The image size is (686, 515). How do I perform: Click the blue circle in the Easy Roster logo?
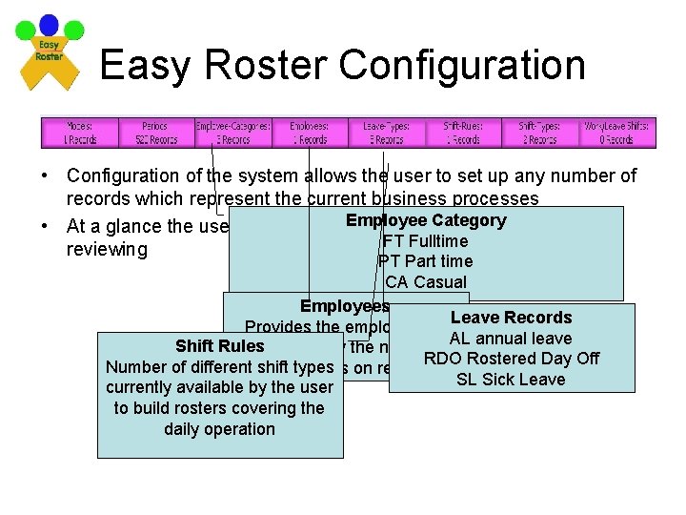pyautogui.click(x=49, y=26)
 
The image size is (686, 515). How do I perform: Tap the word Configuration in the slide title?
pyautogui.click(x=462, y=65)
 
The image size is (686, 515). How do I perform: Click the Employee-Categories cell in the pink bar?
pyautogui.click(x=233, y=132)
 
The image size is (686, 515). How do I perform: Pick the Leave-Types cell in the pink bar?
pyautogui.click(x=387, y=132)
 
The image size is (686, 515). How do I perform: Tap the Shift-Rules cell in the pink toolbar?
pyautogui.click(x=464, y=132)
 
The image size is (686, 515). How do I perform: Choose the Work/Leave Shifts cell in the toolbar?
pyautogui.click(x=616, y=132)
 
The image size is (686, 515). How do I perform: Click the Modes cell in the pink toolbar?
pyautogui.click(x=80, y=132)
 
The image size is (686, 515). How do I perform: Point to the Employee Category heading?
pyautogui.click(x=426, y=220)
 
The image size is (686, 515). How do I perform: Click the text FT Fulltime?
pyautogui.click(x=425, y=240)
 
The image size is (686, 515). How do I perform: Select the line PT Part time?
pyautogui.click(x=425, y=261)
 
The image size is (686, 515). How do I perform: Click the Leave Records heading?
pyautogui.click(x=511, y=318)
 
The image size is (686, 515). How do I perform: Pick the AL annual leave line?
pyautogui.click(x=511, y=339)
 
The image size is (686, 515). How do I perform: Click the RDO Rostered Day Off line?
pyautogui.click(x=512, y=359)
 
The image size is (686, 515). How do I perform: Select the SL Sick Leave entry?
pyautogui.click(x=511, y=380)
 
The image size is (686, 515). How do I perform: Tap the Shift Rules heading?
pyautogui.click(x=219, y=346)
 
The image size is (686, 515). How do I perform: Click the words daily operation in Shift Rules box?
pyautogui.click(x=219, y=429)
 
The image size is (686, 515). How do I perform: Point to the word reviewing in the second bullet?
pyautogui.click(x=107, y=250)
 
